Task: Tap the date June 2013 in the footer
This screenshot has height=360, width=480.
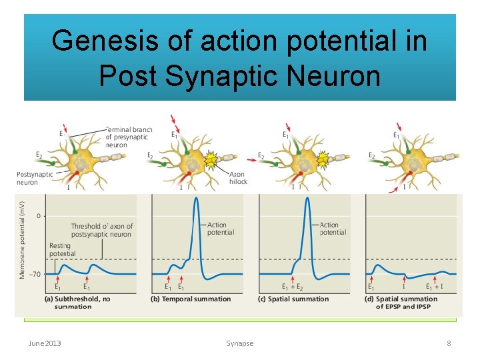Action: point(45,343)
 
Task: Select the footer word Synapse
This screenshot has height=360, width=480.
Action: point(239,343)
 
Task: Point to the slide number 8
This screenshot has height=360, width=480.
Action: point(449,343)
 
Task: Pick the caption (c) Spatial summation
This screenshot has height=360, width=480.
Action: point(293,299)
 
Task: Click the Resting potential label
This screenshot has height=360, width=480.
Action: point(62,249)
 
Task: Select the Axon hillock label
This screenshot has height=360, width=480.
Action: point(238,177)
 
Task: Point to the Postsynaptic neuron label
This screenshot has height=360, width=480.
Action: point(34,179)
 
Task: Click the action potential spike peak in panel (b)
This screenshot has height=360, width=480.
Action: point(196,201)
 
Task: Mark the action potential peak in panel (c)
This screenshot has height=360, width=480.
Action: point(307,201)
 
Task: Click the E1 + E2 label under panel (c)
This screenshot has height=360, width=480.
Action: point(293,287)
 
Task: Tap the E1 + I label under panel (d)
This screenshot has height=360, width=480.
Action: point(437,287)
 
